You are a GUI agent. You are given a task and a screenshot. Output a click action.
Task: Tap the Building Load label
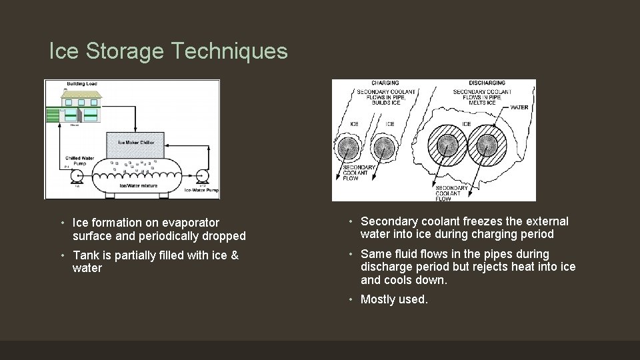80,84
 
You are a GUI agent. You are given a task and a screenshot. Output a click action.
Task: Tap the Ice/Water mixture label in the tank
139,186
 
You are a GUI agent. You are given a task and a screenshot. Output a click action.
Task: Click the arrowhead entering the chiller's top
135,129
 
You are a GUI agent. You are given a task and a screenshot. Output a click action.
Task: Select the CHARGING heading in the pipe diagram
385,83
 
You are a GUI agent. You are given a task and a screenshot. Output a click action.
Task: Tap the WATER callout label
519,107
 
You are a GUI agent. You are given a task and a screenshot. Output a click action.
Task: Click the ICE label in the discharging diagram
466,124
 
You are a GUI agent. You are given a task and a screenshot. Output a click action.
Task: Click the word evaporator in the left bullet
191,223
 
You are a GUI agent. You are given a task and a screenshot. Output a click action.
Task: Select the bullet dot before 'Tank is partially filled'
61,255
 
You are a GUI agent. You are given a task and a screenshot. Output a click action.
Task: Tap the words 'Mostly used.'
394,299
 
